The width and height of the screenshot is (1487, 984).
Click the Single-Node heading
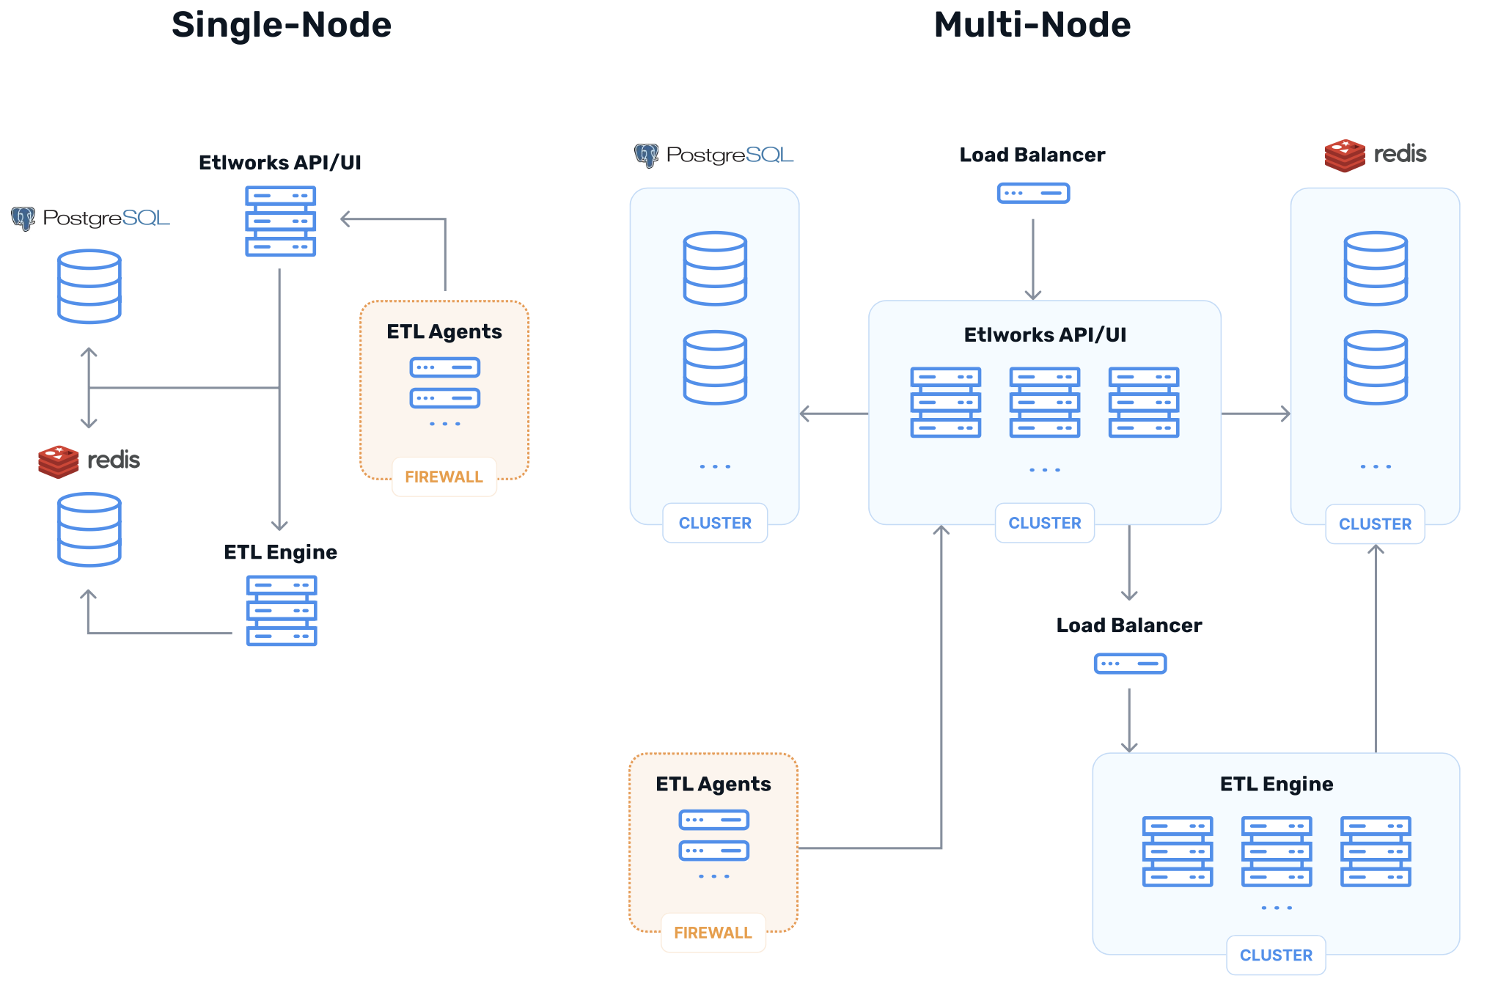click(282, 26)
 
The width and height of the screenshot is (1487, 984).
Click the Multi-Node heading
click(1032, 26)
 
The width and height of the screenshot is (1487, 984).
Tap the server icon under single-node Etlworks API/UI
click(280, 221)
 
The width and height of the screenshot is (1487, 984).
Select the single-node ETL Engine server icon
click(282, 610)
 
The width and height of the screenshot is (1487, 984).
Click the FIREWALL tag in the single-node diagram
click(444, 477)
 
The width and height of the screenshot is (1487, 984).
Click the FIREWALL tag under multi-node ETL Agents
click(713, 933)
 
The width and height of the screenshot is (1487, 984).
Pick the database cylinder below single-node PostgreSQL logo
click(89, 286)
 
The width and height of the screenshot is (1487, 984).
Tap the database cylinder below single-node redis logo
click(89, 529)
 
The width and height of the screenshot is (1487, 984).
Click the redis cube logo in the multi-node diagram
click(1344, 155)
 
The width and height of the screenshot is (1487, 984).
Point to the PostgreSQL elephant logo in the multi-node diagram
click(646, 155)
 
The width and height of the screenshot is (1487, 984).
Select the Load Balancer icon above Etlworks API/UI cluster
click(1033, 194)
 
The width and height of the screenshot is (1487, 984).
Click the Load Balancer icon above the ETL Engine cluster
click(1129, 664)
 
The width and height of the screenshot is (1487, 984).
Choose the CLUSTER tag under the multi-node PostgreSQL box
click(715, 523)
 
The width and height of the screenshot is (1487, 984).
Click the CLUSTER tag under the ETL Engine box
click(1276, 955)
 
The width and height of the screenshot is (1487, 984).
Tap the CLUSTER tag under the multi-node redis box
click(1375, 524)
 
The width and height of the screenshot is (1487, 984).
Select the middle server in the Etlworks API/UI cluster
click(1044, 403)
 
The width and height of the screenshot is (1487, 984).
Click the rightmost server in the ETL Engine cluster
click(1375, 851)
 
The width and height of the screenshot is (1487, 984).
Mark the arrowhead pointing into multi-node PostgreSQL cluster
click(804, 414)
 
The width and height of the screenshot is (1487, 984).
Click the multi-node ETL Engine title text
click(1276, 784)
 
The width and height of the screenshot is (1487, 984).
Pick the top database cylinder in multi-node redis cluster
click(1375, 268)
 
